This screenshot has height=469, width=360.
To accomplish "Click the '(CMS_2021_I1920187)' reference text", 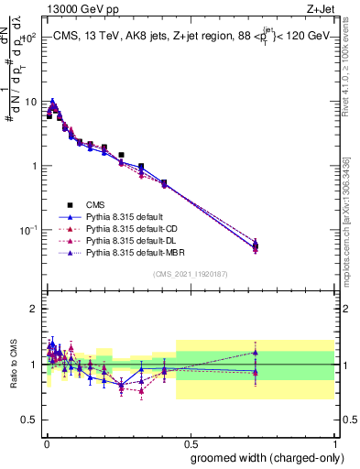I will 190,274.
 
